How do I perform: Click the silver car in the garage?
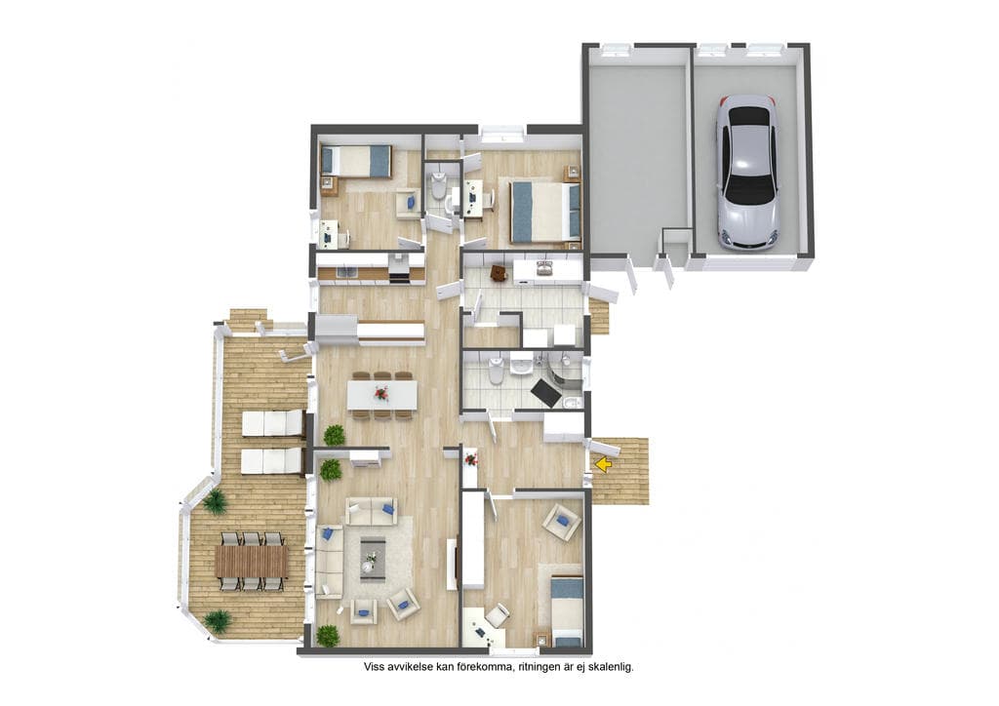pos(746,173)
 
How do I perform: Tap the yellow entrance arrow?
pos(603,465)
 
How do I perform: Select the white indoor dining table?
pos(382,395)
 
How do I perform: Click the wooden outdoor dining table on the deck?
pos(252,561)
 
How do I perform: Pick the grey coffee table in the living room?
pos(373,559)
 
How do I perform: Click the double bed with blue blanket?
pos(544,212)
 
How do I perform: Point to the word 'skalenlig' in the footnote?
pos(611,667)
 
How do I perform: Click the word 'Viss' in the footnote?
pos(374,667)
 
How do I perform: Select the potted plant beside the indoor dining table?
pos(334,436)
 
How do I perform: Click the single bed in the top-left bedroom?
pos(356,161)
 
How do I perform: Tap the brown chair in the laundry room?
pos(499,273)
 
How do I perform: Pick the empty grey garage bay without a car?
pos(637,153)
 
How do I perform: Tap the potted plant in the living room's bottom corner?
pos(328,636)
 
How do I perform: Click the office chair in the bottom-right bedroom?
pos(497,614)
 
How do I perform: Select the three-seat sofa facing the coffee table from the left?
pos(330,562)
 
